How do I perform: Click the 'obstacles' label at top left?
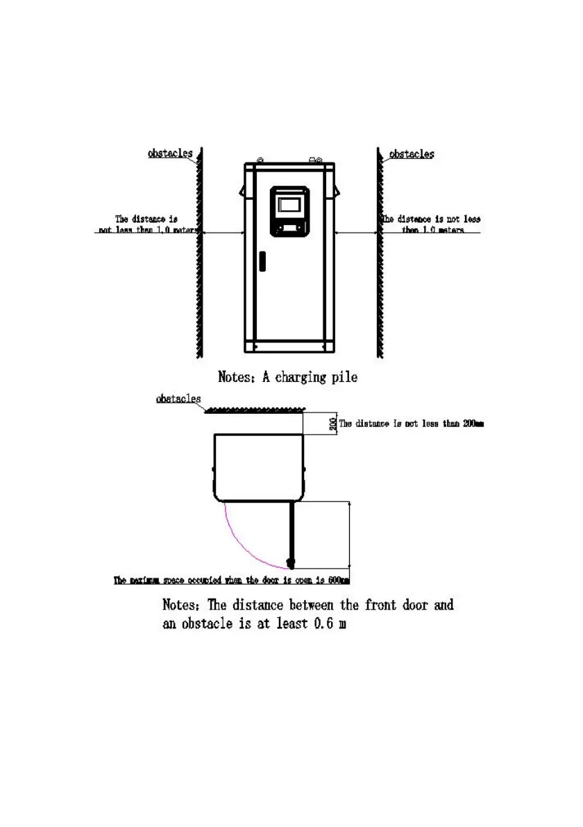click(x=170, y=153)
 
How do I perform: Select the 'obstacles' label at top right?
click(x=412, y=154)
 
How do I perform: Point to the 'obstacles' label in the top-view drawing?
click(x=178, y=399)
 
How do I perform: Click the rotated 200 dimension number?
click(x=333, y=423)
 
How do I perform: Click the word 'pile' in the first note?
click(x=344, y=378)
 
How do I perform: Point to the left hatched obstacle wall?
click(x=199, y=250)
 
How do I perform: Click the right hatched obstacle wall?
click(x=379, y=250)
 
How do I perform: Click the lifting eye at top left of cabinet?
click(x=260, y=159)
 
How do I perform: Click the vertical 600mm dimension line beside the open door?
click(x=350, y=535)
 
